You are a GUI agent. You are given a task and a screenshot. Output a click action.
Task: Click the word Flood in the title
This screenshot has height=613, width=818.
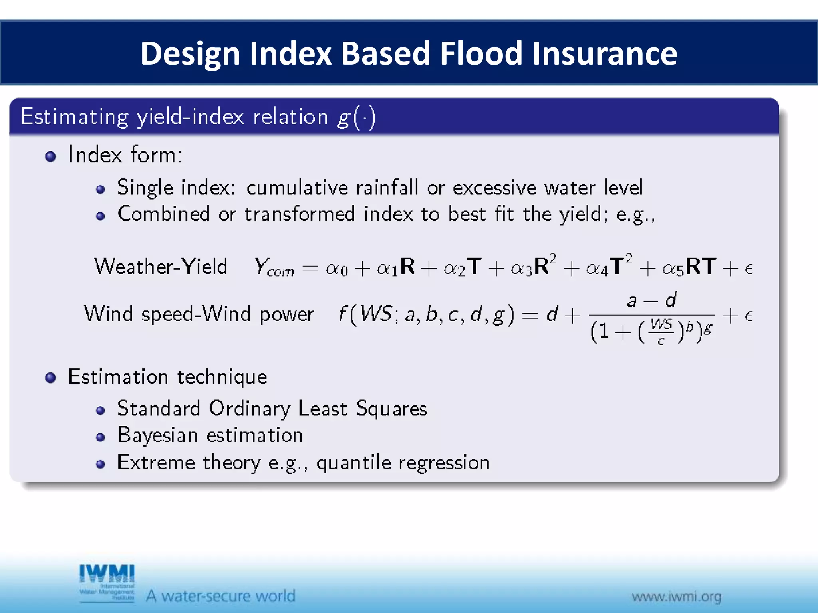[481, 53]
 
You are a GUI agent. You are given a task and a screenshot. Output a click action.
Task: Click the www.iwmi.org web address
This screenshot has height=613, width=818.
[676, 597]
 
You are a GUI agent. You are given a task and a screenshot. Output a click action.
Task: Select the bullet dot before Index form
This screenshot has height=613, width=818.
[50, 156]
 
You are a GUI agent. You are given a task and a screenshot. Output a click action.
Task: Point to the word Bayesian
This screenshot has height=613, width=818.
[158, 435]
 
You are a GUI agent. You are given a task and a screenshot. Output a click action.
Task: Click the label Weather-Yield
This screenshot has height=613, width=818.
[161, 266]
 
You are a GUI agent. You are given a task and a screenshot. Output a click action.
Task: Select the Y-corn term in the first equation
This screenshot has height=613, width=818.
[274, 267]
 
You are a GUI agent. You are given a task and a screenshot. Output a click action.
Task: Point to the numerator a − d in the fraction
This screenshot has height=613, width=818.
[651, 299]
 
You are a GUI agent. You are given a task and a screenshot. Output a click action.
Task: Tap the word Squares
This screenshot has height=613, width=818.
[391, 409]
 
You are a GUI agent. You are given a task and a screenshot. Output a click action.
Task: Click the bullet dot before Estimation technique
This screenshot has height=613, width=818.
[50, 378]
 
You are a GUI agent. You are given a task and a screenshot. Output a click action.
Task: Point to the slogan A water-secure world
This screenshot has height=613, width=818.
[220, 596]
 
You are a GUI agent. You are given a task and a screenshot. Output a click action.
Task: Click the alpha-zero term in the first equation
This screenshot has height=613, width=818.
[336, 268]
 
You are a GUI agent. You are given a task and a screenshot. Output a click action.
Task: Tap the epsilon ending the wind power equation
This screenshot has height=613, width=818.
[749, 316]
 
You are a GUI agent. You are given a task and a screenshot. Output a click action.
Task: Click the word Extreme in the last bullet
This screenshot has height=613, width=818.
[156, 463]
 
